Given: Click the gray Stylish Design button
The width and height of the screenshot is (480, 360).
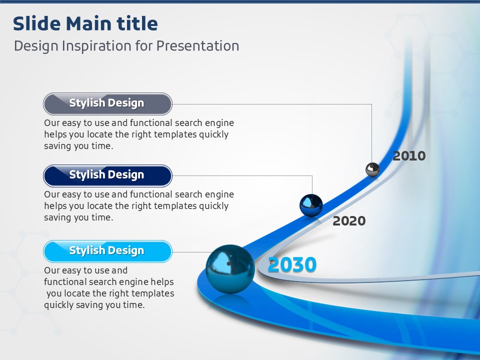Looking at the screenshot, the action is (x=108, y=104).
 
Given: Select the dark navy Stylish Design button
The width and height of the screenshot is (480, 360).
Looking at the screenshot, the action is (x=108, y=175).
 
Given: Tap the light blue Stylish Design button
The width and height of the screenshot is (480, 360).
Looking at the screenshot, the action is (x=108, y=251).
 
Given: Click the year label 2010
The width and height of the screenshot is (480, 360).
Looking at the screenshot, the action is (x=409, y=156).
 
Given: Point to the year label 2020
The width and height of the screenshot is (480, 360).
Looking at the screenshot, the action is (x=349, y=220).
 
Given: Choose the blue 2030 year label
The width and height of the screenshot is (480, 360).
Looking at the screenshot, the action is (x=292, y=264).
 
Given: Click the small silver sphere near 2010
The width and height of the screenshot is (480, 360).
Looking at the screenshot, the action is (x=372, y=169).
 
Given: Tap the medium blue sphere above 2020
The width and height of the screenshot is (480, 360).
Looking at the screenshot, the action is (x=311, y=205).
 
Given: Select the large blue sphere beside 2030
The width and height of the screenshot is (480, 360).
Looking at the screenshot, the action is (x=230, y=269).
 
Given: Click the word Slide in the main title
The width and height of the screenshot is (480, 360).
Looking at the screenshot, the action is (x=36, y=23).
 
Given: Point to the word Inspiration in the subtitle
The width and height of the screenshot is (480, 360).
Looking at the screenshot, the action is (x=96, y=46).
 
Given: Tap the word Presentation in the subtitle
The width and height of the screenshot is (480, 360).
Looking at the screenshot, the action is (x=198, y=46).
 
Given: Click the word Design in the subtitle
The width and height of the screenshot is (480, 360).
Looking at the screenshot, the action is (x=36, y=46).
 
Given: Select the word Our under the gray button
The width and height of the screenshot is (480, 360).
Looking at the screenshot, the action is (x=51, y=123).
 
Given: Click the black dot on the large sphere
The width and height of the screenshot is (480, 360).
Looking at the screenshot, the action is (x=228, y=263).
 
